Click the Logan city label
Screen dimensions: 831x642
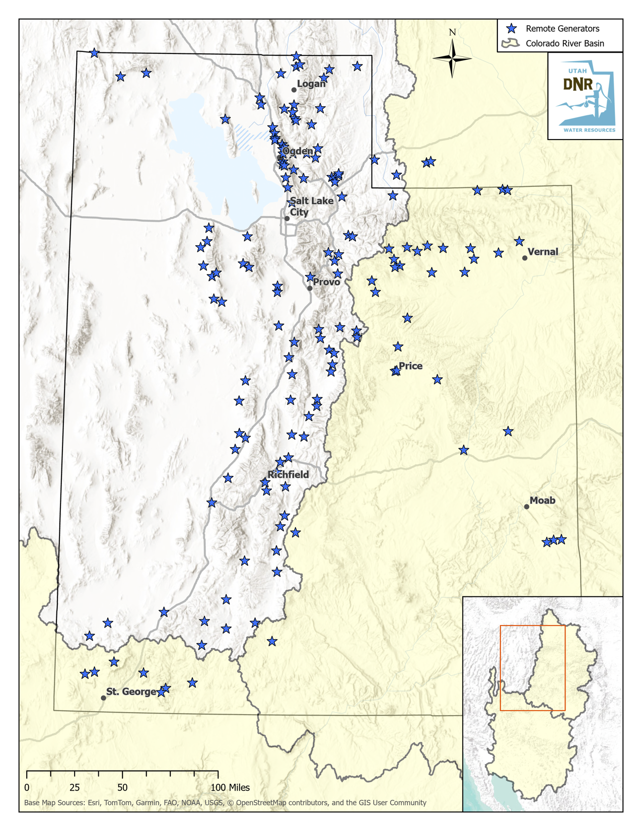[x=311, y=84]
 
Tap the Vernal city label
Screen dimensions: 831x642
[x=543, y=252]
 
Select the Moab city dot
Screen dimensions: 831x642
[x=527, y=507]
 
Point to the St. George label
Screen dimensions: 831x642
[x=131, y=691]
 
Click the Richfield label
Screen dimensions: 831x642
[x=288, y=474]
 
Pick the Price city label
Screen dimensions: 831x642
[x=410, y=366]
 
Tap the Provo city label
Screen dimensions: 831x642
[x=326, y=282]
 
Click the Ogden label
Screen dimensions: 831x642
[x=298, y=151]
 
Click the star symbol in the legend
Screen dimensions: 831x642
[x=512, y=29]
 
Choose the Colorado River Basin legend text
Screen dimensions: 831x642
[x=564, y=43]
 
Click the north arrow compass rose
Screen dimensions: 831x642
[x=452, y=58]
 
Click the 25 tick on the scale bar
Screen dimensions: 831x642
[x=75, y=787]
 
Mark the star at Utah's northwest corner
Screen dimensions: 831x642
[x=94, y=53]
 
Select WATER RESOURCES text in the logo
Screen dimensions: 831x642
[x=589, y=130]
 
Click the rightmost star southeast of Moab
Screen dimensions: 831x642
[x=561, y=539]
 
